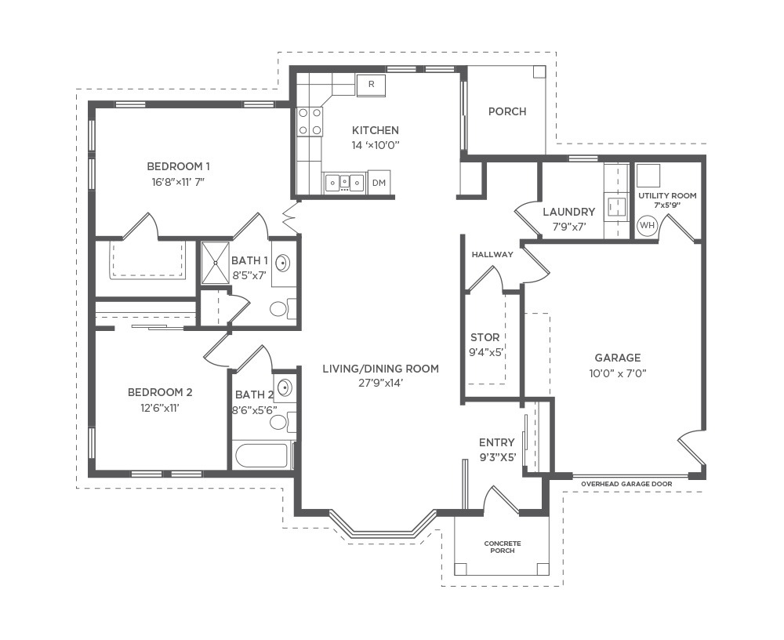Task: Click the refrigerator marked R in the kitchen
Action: click(371, 85)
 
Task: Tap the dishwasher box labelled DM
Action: click(379, 183)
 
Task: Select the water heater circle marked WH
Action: click(647, 225)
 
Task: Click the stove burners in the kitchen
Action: click(310, 122)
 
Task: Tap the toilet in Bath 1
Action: click(282, 308)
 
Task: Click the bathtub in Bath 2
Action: click(262, 456)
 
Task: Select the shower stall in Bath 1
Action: click(215, 264)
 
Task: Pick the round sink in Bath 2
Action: click(284, 387)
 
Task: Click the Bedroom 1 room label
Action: click(178, 166)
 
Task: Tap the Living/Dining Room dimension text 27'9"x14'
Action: click(380, 383)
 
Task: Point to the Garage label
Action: click(618, 358)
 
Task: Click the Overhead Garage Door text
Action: click(626, 484)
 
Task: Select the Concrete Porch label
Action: click(503, 547)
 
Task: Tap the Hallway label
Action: click(492, 254)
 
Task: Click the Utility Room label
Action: click(667, 195)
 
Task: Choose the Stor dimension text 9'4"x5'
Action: click(485, 352)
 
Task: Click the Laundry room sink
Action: click(616, 206)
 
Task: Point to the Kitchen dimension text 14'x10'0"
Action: click(376, 146)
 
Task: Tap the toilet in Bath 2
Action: click(282, 422)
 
